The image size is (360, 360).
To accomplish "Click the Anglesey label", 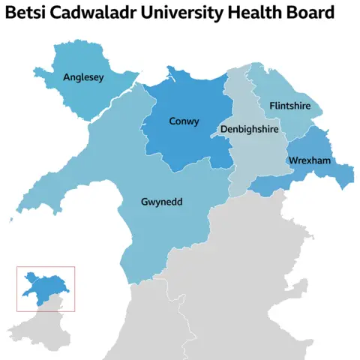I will click(x=84, y=76).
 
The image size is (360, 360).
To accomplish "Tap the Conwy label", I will click(x=184, y=121).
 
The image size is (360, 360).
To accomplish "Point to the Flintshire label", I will click(x=289, y=106).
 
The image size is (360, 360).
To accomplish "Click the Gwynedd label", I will click(x=163, y=202).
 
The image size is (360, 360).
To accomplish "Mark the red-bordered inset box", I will click(x=46, y=289).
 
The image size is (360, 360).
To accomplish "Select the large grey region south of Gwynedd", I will click(x=240, y=285).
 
